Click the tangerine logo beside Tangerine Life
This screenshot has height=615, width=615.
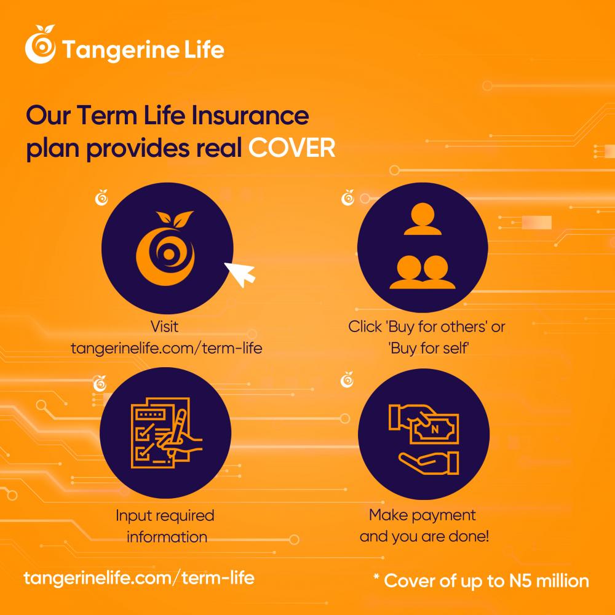coord(41,44)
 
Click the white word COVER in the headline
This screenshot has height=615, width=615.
coord(292,148)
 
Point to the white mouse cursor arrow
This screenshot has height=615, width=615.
coord(240,274)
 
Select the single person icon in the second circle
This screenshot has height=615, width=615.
coord(423,219)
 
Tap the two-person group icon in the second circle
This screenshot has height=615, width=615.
coord(423,272)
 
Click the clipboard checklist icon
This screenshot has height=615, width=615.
coord(166,432)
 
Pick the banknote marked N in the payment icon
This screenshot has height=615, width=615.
coord(434,429)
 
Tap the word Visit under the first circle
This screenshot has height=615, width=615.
coord(164,327)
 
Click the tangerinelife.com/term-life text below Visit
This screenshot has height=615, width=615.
coord(166,348)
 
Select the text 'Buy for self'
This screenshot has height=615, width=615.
coord(429,348)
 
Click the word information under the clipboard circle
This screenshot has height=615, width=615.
coord(167,536)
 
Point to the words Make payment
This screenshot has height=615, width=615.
coord(422,515)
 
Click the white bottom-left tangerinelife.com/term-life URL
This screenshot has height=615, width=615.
coord(139,578)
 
